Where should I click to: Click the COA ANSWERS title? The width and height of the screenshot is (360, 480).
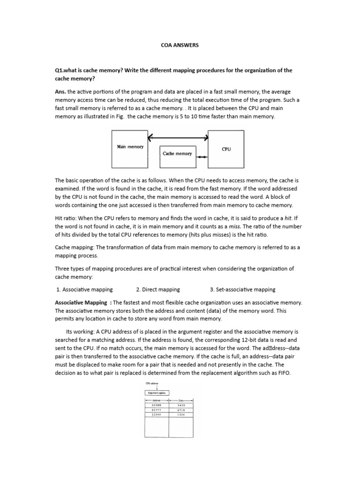tap(180, 45)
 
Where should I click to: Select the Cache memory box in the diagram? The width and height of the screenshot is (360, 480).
tap(177, 153)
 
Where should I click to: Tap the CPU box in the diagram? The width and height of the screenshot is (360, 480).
tap(226, 149)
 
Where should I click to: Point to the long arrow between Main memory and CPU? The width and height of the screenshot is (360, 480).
tap(178, 138)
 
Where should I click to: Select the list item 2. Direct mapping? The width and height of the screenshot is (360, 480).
tap(158, 289)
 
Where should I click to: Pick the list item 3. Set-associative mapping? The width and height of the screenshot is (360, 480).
tap(243, 289)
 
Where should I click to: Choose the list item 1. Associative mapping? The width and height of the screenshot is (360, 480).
tap(84, 289)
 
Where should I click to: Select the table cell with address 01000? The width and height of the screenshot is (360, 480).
tap(156, 405)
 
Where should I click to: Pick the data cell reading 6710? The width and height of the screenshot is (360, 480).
tap(181, 409)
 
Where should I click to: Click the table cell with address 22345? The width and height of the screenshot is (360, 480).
tap(156, 413)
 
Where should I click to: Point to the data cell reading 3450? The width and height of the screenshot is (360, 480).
tap(181, 405)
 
